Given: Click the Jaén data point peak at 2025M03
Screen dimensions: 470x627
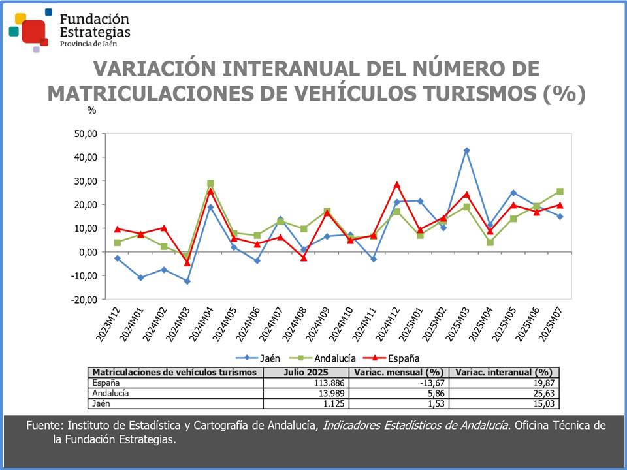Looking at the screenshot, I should pyautogui.click(x=466, y=150).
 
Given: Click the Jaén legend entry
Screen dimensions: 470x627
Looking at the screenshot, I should pyautogui.click(x=263, y=358).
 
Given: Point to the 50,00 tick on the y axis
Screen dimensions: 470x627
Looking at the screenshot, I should pyautogui.click(x=84, y=134).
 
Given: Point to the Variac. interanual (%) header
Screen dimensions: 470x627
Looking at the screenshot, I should pyautogui.click(x=506, y=372).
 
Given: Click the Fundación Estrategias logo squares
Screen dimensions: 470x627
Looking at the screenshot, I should pyautogui.click(x=30, y=29).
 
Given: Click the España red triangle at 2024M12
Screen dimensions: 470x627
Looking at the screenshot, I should pyautogui.click(x=396, y=185).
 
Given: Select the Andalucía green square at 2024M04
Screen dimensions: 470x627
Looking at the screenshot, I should pyautogui.click(x=210, y=183).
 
